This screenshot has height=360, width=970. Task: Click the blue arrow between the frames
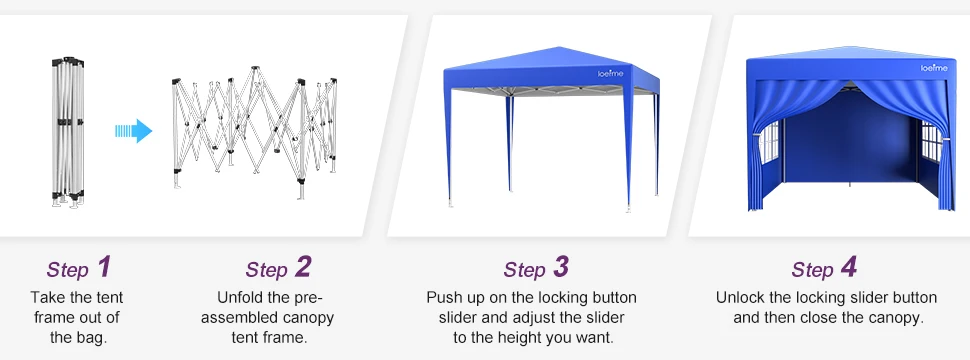(134, 131)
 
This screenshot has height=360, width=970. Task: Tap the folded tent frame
(67, 132)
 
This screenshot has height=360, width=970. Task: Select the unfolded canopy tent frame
(254, 132)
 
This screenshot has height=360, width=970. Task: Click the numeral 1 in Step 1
(104, 267)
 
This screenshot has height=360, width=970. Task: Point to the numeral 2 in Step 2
(303, 267)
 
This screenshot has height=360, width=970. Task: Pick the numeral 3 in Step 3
(560, 267)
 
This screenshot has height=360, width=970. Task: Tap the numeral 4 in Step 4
(848, 267)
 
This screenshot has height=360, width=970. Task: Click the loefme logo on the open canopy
(611, 74)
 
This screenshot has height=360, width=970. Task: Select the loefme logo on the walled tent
(934, 68)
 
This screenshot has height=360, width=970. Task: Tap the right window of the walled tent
(930, 140)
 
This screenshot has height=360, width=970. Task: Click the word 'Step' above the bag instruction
(68, 270)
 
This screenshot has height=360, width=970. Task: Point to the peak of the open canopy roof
(559, 47)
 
